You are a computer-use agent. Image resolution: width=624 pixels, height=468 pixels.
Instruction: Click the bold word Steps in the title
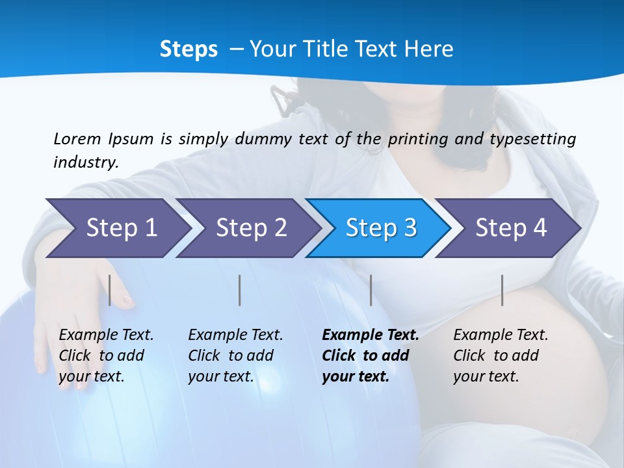(188, 49)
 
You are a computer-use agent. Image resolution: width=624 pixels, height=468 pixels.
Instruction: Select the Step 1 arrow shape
(121, 228)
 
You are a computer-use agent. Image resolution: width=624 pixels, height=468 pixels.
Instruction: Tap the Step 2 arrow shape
(251, 228)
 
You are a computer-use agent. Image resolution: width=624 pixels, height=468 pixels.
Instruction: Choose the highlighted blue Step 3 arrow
(381, 228)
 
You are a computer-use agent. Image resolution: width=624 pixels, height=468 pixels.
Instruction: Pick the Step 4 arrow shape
(511, 228)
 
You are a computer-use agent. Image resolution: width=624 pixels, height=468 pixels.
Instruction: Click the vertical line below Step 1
(110, 290)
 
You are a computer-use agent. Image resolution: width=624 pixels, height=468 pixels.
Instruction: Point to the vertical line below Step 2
(240, 290)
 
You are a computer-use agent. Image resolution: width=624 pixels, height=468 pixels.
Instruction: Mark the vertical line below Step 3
(371, 290)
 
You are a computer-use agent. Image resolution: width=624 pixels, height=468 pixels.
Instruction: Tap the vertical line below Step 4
(502, 290)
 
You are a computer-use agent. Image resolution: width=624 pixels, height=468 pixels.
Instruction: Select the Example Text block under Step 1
(106, 356)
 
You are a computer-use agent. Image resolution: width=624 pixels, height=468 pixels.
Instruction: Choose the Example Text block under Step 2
(235, 356)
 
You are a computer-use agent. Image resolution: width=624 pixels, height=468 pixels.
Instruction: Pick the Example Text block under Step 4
(500, 356)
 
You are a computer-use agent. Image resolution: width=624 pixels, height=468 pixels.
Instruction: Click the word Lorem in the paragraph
(77, 138)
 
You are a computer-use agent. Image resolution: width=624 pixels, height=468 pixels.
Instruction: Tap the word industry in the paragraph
(86, 162)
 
